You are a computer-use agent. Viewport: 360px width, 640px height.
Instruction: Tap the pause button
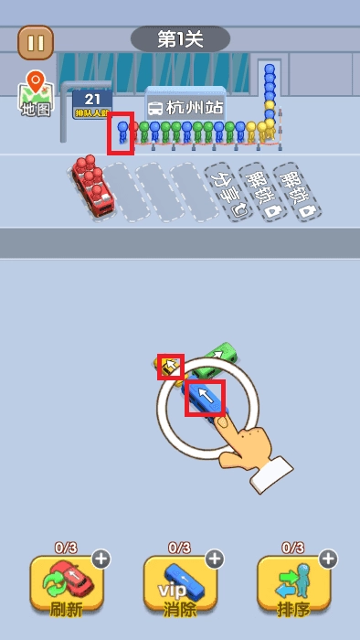click(36, 42)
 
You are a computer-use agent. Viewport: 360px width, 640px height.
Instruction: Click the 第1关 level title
click(180, 38)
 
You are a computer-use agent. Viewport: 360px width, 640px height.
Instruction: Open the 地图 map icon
click(36, 94)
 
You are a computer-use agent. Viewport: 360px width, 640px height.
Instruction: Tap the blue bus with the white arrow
click(206, 398)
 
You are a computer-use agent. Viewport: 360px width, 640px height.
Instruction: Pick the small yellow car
click(170, 367)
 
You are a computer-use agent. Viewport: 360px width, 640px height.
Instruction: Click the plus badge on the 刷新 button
click(101, 559)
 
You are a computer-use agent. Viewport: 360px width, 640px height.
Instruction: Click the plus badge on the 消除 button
click(214, 559)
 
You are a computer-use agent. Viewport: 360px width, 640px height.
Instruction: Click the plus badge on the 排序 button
click(327, 559)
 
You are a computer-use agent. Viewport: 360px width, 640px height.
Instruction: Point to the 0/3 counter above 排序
click(292, 549)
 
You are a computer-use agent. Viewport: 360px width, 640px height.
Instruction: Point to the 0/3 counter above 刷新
click(66, 549)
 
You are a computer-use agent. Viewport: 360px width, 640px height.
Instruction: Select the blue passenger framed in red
click(122, 133)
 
